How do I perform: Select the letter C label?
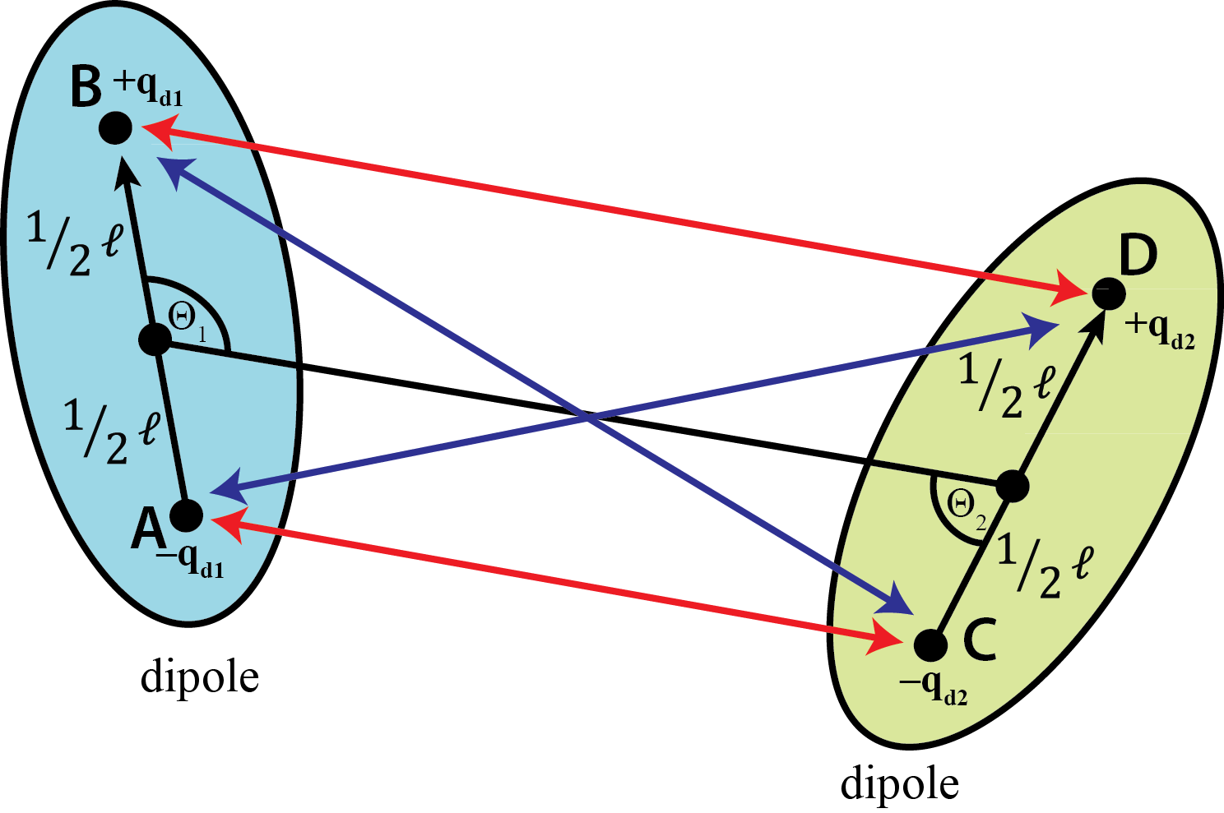pyautogui.click(x=980, y=640)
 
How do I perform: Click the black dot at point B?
pyautogui.click(x=115, y=128)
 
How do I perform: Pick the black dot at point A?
pyautogui.click(x=187, y=515)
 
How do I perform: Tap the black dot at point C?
pyautogui.click(x=930, y=644)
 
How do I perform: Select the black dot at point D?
pyautogui.click(x=1109, y=293)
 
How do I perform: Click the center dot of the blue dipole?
pyautogui.click(x=155, y=340)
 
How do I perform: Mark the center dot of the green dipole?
pyautogui.click(x=1013, y=485)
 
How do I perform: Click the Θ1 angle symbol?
pyautogui.click(x=188, y=322)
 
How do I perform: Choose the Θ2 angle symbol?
pyautogui.click(x=967, y=510)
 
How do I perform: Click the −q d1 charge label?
pyautogui.click(x=190, y=561)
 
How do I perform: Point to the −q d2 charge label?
pyautogui.click(x=934, y=687)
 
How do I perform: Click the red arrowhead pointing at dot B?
pyautogui.click(x=159, y=131)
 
